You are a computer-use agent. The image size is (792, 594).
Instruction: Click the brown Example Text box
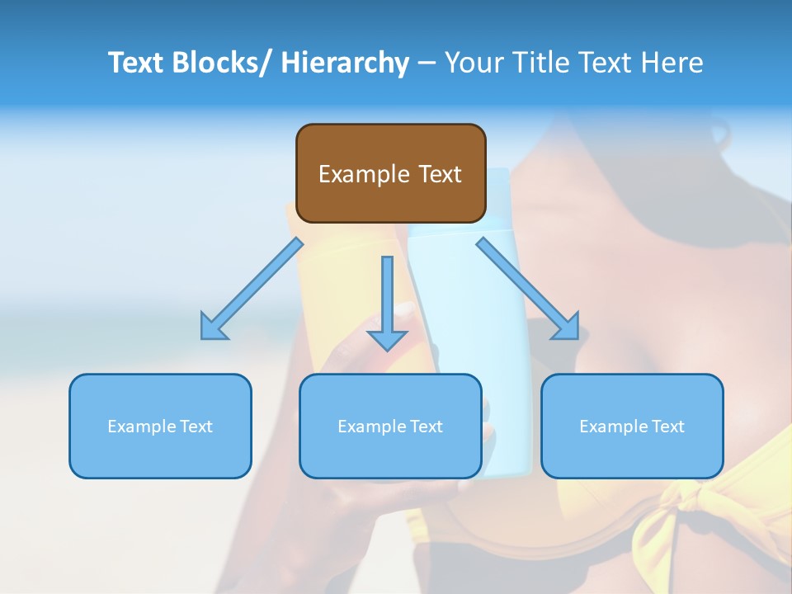click(x=390, y=173)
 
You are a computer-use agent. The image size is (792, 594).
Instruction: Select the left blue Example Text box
click(x=160, y=426)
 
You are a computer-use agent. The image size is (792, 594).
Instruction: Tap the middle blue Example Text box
click(x=390, y=426)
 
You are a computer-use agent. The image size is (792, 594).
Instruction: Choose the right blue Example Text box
click(x=632, y=426)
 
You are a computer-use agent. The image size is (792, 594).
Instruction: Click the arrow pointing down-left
click(x=252, y=289)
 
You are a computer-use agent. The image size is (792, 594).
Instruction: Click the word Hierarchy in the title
click(x=345, y=63)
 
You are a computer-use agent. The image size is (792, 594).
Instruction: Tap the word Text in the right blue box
click(x=668, y=426)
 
